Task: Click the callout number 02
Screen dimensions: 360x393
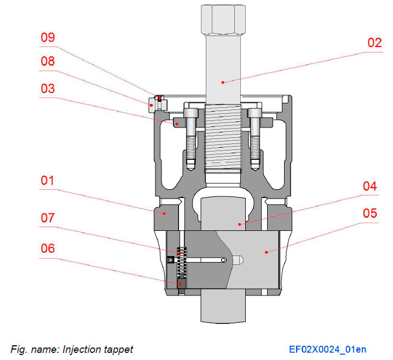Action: pyautogui.click(x=374, y=43)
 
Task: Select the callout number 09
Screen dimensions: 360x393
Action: pyautogui.click(x=48, y=38)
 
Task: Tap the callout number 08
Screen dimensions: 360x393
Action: pyautogui.click(x=48, y=61)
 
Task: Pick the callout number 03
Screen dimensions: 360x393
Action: pyautogui.click(x=48, y=88)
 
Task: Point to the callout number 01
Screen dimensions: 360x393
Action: pyautogui.click(x=48, y=180)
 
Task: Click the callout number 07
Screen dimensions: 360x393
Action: pyautogui.click(x=48, y=218)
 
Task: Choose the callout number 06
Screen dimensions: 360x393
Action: pyautogui.click(x=48, y=248)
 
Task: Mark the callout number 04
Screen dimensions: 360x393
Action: pyautogui.click(x=370, y=187)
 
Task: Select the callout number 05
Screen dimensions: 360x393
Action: pyautogui.click(x=370, y=213)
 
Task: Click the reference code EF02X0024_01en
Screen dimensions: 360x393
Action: pyautogui.click(x=328, y=349)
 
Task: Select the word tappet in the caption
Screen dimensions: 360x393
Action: pyautogui.click(x=118, y=349)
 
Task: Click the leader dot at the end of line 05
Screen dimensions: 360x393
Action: pyautogui.click(x=266, y=252)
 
